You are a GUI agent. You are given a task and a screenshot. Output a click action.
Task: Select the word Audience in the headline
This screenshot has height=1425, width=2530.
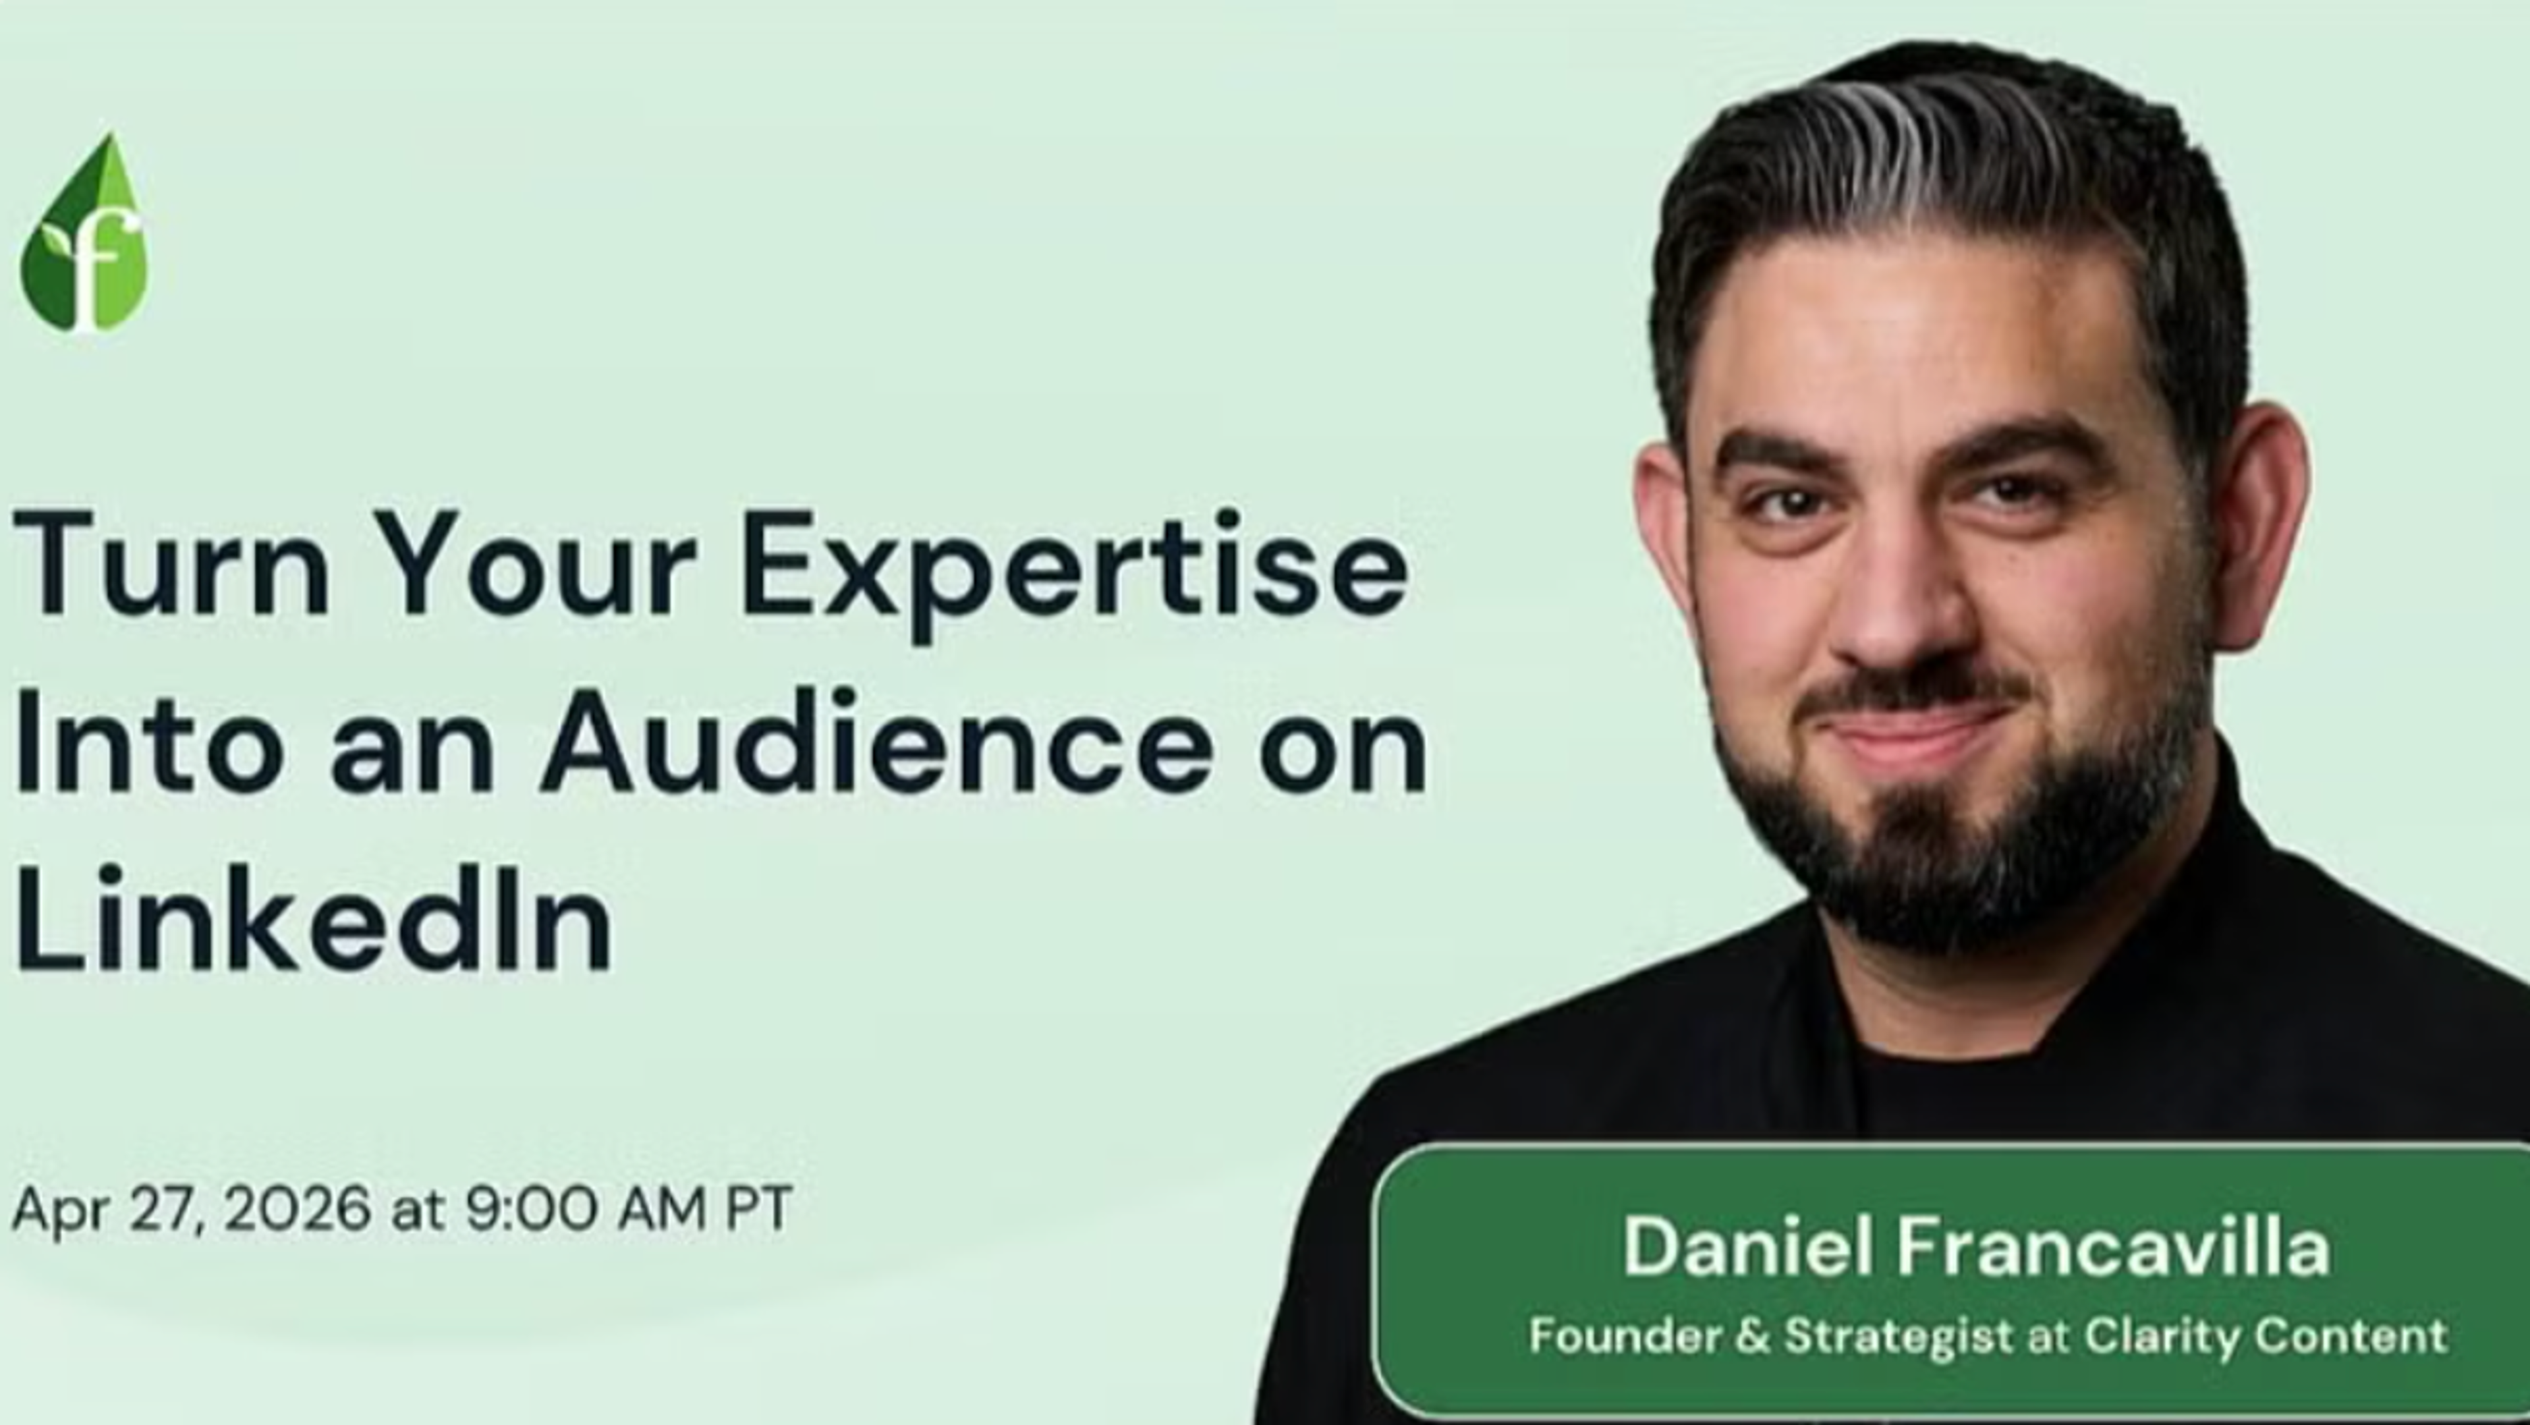pos(877,739)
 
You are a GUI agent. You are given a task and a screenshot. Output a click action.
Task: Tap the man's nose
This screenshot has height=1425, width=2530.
pos(1891,599)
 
